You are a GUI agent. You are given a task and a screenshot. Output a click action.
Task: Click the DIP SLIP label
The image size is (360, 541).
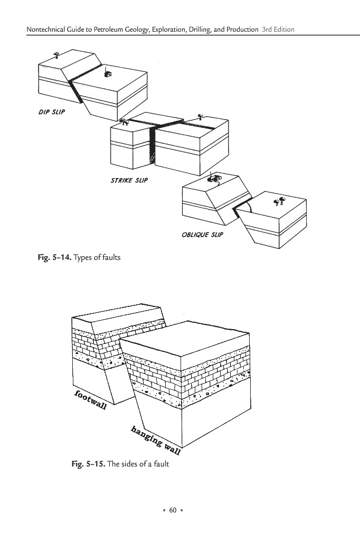tap(51, 113)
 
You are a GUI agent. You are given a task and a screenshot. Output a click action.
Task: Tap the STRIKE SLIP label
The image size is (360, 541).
tap(129, 180)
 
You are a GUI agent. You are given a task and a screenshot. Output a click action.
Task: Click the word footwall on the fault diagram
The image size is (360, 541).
tap(91, 401)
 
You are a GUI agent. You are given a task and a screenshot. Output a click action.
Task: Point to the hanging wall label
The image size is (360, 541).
tap(156, 440)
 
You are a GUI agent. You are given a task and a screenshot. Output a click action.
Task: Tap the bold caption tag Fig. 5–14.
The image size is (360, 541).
tap(53, 257)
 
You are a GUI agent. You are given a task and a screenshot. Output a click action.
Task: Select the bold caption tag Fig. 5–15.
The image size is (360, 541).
tap(90, 464)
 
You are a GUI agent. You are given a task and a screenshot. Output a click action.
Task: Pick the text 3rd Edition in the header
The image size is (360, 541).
tap(278, 29)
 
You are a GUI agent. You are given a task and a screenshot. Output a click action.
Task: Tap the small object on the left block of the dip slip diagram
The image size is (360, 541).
tap(56, 54)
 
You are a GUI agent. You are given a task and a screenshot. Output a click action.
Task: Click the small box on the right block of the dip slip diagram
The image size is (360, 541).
tap(107, 74)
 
